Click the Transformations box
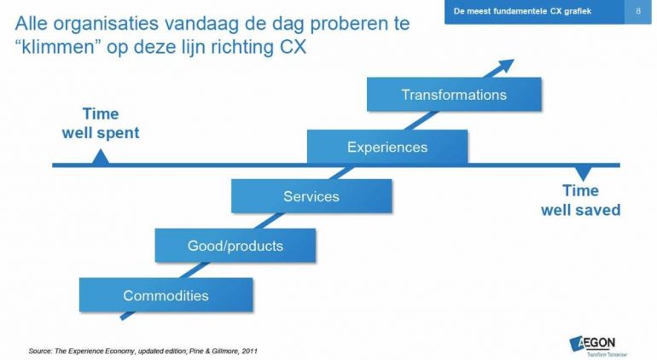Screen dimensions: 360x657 tap(454, 95)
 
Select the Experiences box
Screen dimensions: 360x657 tap(387, 147)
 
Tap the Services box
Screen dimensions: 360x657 tap(311, 196)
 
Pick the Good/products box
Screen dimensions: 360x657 tap(235, 247)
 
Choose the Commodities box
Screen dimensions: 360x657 tap(166, 296)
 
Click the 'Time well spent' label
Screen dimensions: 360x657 tap(101, 124)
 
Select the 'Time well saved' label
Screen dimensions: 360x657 tap(580, 200)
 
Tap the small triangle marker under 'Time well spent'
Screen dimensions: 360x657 tap(101, 157)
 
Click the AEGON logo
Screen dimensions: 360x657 tap(598, 344)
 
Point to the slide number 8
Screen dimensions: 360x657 tap(639, 11)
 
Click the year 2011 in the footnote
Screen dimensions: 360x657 tap(248, 350)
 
